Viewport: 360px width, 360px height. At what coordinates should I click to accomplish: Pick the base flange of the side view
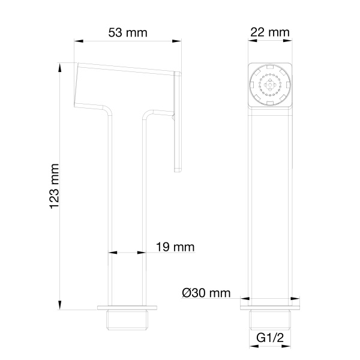click(127, 308)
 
